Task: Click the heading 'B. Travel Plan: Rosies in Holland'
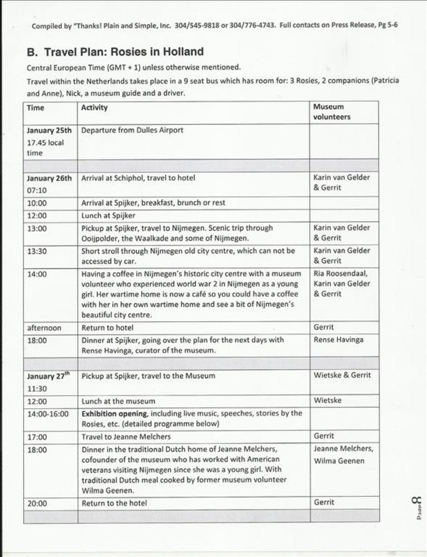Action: coord(115,52)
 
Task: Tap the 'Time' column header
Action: coord(35,108)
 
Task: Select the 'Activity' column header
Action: coord(95,108)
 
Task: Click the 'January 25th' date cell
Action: coord(49,131)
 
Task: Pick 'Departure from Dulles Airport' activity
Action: coord(132,130)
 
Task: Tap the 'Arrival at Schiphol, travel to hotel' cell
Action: coord(138,178)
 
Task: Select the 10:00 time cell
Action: coord(37,203)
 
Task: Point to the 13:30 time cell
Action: coord(37,251)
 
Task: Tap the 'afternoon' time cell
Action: coord(44,328)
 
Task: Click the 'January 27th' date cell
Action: coord(49,376)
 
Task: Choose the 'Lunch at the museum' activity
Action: coord(119,401)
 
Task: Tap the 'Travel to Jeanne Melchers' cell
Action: coord(126,437)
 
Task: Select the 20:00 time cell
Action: coord(37,504)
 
